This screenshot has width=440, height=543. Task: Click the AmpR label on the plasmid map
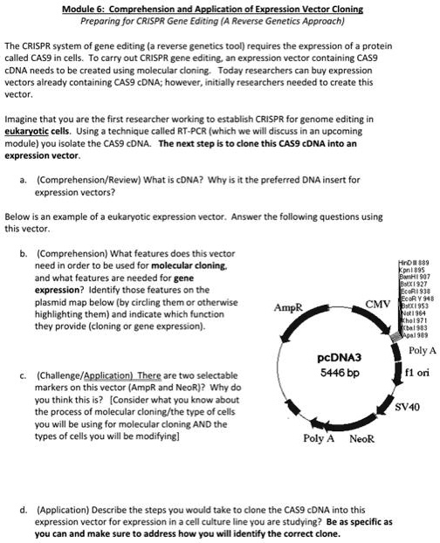tap(288, 308)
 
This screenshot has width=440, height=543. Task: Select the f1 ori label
tap(417, 372)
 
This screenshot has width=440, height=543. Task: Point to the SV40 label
tap(408, 407)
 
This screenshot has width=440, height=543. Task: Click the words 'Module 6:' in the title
tap(88, 9)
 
